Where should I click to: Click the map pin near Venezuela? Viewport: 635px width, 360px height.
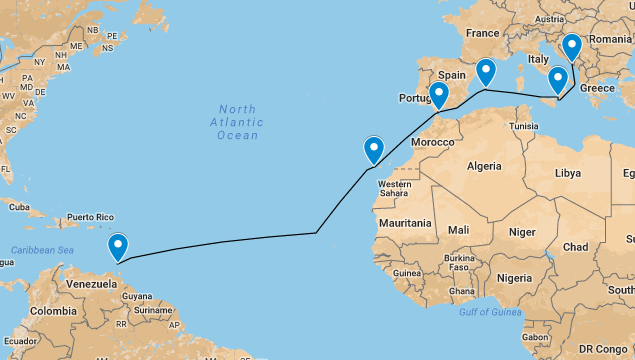[x=118, y=246]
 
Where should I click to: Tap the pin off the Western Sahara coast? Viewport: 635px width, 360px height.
[x=374, y=149]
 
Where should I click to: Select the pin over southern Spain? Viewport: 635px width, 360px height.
[x=438, y=95]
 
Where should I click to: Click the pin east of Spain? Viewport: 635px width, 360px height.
[x=485, y=72]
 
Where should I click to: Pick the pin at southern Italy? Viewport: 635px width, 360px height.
[x=558, y=79]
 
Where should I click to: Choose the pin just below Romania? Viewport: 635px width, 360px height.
[x=571, y=47]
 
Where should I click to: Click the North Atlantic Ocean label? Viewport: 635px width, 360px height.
[x=237, y=122]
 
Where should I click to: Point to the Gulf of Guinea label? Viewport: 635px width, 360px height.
[x=492, y=312]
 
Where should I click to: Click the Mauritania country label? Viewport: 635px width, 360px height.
[x=405, y=223]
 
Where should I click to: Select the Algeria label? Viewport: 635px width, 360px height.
[x=483, y=165]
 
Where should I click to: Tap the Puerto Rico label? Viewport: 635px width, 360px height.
[x=91, y=217]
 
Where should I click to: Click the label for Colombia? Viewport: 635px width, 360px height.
[x=52, y=310]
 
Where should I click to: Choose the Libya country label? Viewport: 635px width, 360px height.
[x=567, y=173]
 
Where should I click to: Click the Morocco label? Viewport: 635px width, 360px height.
[x=433, y=142]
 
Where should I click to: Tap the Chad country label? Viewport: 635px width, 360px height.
[x=575, y=246]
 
